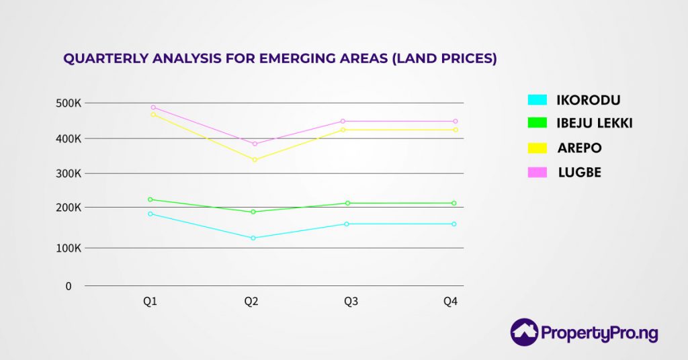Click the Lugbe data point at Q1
[153, 107]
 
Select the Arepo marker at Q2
[255, 160]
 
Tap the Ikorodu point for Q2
[253, 238]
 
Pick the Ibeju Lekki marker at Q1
[150, 199]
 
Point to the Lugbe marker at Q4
[456, 122]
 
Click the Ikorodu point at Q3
[347, 224]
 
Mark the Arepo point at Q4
[456, 130]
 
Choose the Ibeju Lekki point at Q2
[253, 212]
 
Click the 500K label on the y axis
[69, 103]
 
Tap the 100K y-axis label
[69, 248]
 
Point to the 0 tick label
[69, 286]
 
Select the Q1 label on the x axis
[150, 302]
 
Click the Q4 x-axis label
[450, 302]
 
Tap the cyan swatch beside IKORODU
[537, 100]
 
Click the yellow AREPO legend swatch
[537, 148]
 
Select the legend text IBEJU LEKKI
[595, 123]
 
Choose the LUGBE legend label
[580, 173]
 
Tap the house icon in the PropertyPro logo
[524, 332]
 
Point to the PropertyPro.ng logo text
[599, 333]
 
